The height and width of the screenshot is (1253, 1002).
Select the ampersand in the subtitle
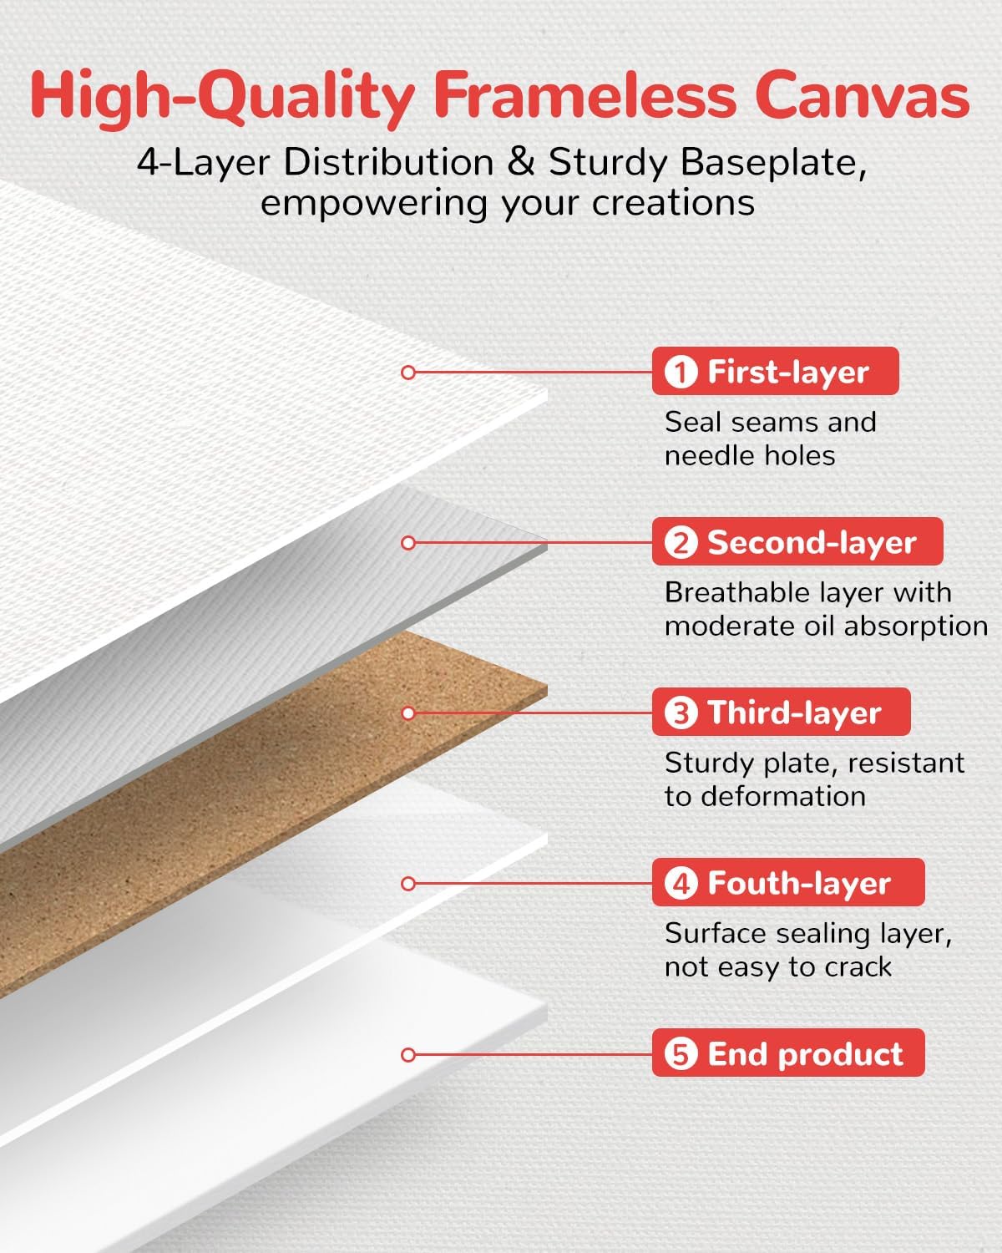coord(520,162)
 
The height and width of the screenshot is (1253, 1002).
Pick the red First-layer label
coord(775,372)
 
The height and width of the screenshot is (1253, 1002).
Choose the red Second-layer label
coord(797,542)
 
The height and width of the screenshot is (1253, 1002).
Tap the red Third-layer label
coord(781,713)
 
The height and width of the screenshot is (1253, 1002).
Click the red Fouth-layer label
coord(787,883)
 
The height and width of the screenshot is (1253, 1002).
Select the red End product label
coord(787,1053)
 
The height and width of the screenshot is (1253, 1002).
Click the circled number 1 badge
coord(681,373)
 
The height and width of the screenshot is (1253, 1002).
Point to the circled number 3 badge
coord(681,713)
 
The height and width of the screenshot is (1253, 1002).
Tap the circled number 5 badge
coord(681,1054)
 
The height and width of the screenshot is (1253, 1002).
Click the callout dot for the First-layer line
coord(408,373)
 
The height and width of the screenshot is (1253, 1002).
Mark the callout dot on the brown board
coord(408,713)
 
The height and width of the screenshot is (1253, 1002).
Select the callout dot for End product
coord(408,1054)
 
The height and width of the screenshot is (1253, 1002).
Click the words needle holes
coord(750,456)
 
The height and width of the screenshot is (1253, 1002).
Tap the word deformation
coord(782,796)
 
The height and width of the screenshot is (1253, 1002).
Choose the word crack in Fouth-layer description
coord(858,967)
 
